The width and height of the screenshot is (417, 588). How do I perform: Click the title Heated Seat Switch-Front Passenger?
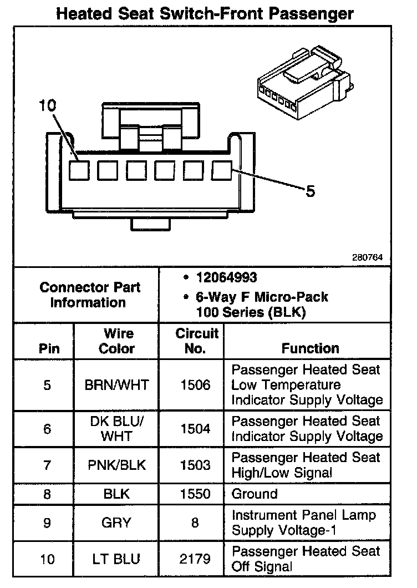(x=205, y=13)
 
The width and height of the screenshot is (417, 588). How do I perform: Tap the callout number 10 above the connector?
(x=48, y=105)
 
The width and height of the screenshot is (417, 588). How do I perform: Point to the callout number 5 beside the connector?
(x=311, y=191)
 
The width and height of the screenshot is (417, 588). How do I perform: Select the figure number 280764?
(x=367, y=258)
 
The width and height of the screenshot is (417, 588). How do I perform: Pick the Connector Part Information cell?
(x=90, y=295)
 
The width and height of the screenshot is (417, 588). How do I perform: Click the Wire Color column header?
(x=116, y=341)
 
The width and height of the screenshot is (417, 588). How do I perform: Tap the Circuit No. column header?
(x=197, y=341)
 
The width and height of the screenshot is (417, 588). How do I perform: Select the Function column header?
(x=310, y=348)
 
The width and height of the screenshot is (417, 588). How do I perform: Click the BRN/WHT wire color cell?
(x=116, y=385)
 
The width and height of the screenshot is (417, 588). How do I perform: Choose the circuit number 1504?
(x=195, y=428)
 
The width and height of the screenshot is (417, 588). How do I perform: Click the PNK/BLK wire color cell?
(x=116, y=465)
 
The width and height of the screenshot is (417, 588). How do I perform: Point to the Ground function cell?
(x=255, y=494)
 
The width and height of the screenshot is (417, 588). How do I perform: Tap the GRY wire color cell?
(x=116, y=522)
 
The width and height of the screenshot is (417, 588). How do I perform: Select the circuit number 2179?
(x=195, y=559)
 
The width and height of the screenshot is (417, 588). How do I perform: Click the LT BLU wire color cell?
(x=116, y=559)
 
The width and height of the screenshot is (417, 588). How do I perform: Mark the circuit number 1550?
(x=195, y=494)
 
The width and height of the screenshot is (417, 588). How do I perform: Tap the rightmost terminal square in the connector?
(x=222, y=170)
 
